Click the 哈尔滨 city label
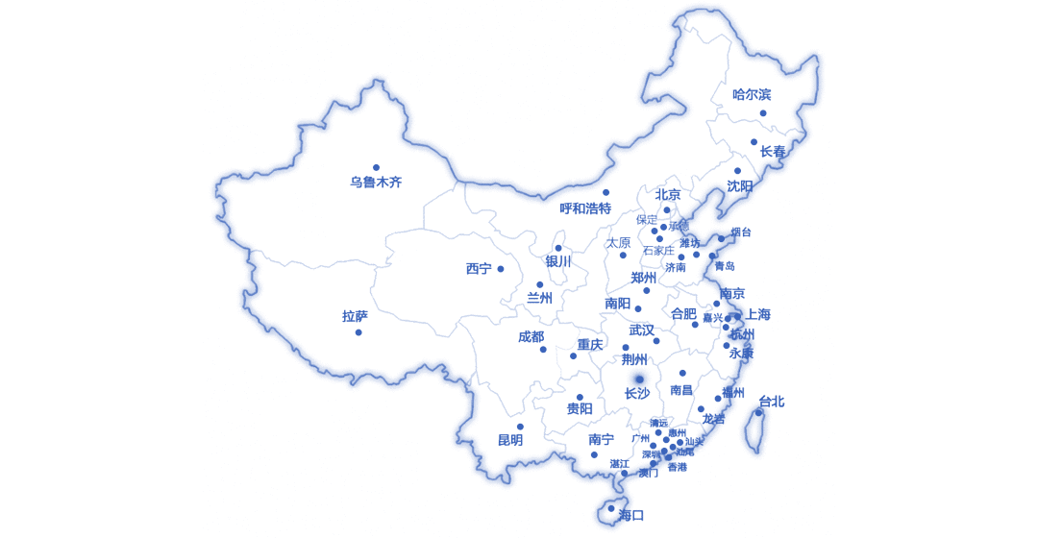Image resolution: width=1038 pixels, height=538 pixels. coord(752,94)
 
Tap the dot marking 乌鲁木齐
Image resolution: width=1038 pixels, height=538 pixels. coord(376,167)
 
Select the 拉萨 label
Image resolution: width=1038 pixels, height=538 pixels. coord(355,316)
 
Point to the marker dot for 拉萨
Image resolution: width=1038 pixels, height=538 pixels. coord(358,332)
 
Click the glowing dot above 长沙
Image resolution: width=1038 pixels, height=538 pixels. coord(638,379)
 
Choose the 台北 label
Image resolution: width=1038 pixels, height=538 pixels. coord(772,402)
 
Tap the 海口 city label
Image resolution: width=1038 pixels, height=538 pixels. coord(631,515)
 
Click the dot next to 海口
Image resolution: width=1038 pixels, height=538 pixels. coord(611,508)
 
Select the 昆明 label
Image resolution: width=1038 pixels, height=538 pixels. coord(510,440)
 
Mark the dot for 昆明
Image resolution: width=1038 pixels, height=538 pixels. coord(520,427)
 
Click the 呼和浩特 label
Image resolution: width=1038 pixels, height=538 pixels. coord(585,208)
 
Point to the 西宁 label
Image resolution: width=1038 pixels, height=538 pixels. coord(479,269)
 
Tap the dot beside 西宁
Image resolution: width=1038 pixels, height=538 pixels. coord(500,269)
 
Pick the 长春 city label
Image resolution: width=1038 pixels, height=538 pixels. coord(773,151)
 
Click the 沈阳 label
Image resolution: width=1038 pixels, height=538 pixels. coord(740,185)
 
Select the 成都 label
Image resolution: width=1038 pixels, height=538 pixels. coord(531,337)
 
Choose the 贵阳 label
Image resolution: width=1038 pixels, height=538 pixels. coord(580,409)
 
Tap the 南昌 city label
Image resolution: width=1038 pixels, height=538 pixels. coord(681,390)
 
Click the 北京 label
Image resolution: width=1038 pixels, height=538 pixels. coord(668,194)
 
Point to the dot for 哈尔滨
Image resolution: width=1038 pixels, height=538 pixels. coord(763,113)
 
